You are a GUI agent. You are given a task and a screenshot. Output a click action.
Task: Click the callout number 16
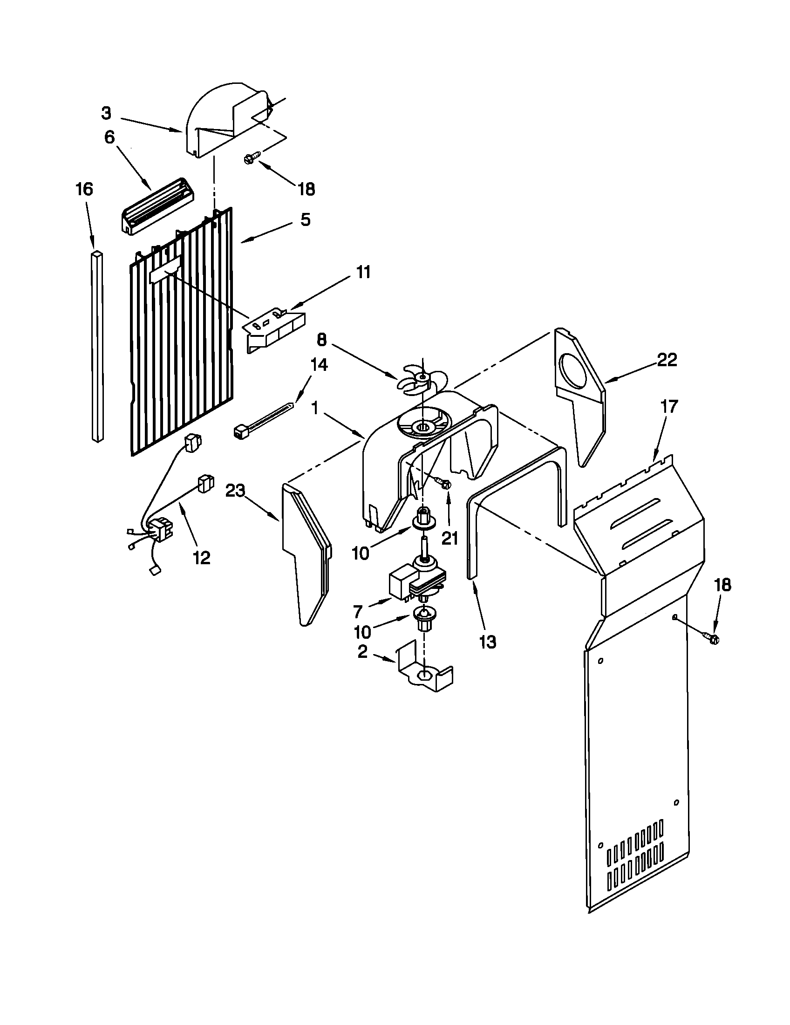tap(84, 189)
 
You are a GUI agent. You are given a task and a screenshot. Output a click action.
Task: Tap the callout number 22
tap(667, 360)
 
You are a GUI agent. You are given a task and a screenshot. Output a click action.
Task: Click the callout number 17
tap(669, 406)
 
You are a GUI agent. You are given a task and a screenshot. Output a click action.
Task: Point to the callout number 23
tap(236, 491)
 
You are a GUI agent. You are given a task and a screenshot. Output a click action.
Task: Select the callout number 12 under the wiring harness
tap(201, 558)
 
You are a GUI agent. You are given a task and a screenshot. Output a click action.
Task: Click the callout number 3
tap(107, 113)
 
